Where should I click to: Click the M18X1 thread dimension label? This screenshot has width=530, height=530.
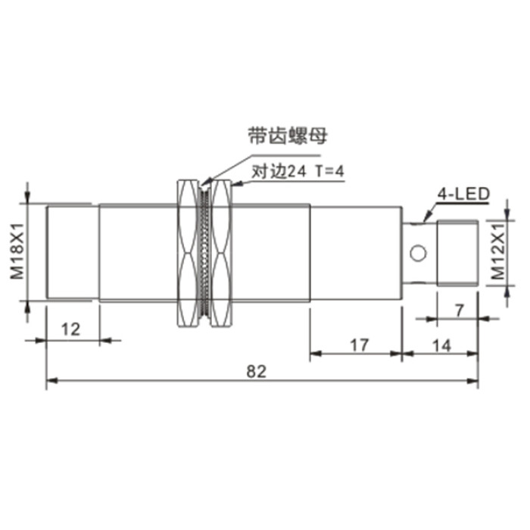click(x=17, y=251)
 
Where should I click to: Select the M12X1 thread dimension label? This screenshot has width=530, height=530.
click(x=497, y=252)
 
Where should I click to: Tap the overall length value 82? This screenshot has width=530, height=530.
click(x=257, y=372)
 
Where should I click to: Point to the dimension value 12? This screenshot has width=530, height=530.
click(x=71, y=329)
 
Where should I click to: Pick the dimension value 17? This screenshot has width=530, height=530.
click(x=359, y=345)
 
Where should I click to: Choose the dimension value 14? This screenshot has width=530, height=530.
click(x=441, y=345)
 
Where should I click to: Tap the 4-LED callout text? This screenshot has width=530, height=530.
click(x=463, y=194)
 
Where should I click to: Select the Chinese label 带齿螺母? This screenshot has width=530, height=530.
click(x=288, y=136)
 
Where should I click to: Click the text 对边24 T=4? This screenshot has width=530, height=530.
click(x=298, y=172)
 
